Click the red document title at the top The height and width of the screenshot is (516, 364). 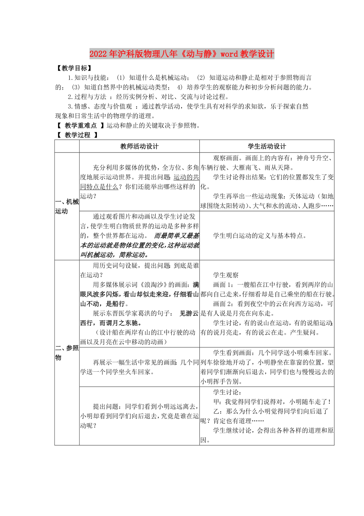182,54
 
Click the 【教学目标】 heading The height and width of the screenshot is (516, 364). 74,68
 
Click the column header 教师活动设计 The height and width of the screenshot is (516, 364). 139,146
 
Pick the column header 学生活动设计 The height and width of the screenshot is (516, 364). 267,146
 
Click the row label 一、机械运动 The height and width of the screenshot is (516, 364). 67,206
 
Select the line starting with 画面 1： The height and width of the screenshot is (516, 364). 273,285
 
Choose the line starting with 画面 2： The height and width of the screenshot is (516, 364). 273,304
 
